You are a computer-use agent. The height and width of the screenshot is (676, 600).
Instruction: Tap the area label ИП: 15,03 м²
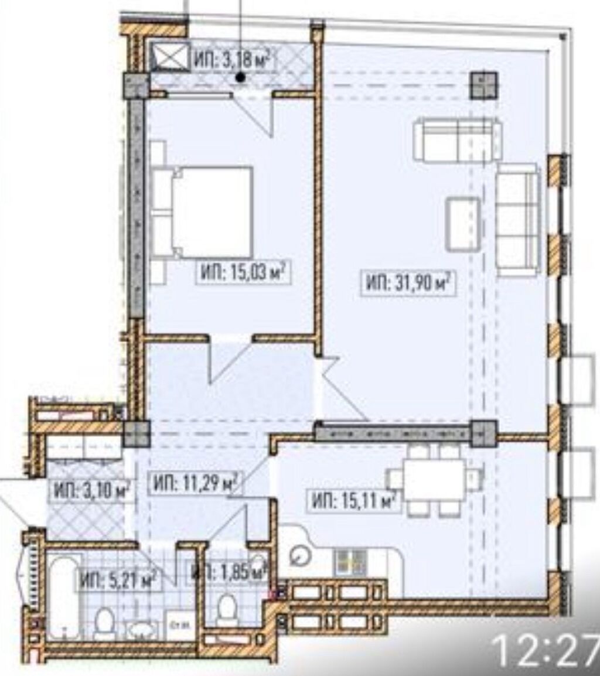pos(243,272)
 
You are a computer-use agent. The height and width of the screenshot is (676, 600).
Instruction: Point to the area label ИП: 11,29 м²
pos(195,484)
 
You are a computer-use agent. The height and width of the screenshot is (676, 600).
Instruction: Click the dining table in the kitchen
pos(434,479)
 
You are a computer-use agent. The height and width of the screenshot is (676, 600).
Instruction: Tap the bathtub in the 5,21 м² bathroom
pos(62,596)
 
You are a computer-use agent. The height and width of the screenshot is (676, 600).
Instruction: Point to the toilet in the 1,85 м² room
pos(226,609)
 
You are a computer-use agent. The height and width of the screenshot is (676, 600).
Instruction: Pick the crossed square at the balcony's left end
pos(170,57)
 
